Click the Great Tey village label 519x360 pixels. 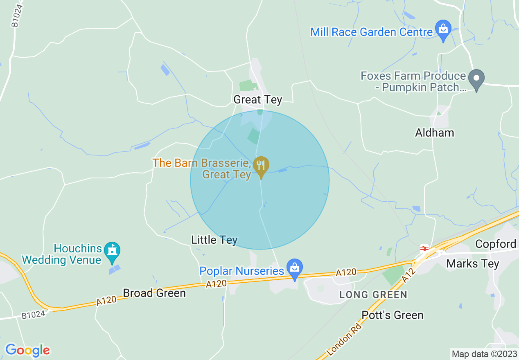pos(257,99)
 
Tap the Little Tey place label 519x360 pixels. pos(214,240)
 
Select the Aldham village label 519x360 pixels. pos(434,133)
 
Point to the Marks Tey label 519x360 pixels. pos(472,263)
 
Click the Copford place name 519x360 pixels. pos(495,244)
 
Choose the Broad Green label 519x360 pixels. pos(154,293)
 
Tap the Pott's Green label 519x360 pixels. pos(392,315)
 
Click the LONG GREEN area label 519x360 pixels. pos(373,295)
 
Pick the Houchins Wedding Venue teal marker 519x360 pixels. pos(112,252)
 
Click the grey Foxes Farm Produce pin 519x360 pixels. pos(476,79)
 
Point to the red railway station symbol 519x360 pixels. pos(424,248)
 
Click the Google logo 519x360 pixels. pos(27,350)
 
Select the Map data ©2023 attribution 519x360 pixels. pos(484,354)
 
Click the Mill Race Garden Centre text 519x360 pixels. pos(371,32)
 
